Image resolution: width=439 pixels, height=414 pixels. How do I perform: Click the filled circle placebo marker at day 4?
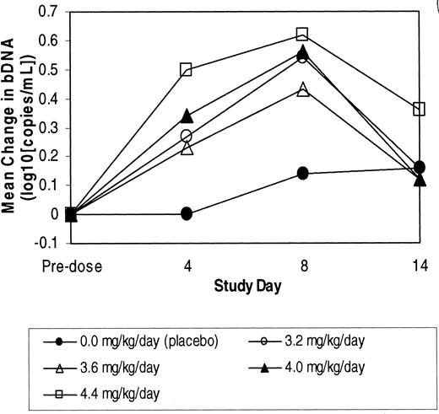tap(187, 213)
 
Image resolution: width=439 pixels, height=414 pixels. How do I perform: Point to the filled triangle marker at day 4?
tap(187, 115)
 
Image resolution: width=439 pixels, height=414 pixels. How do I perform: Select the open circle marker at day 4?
tap(187, 136)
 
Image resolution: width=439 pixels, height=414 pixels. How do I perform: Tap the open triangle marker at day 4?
tap(187, 148)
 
